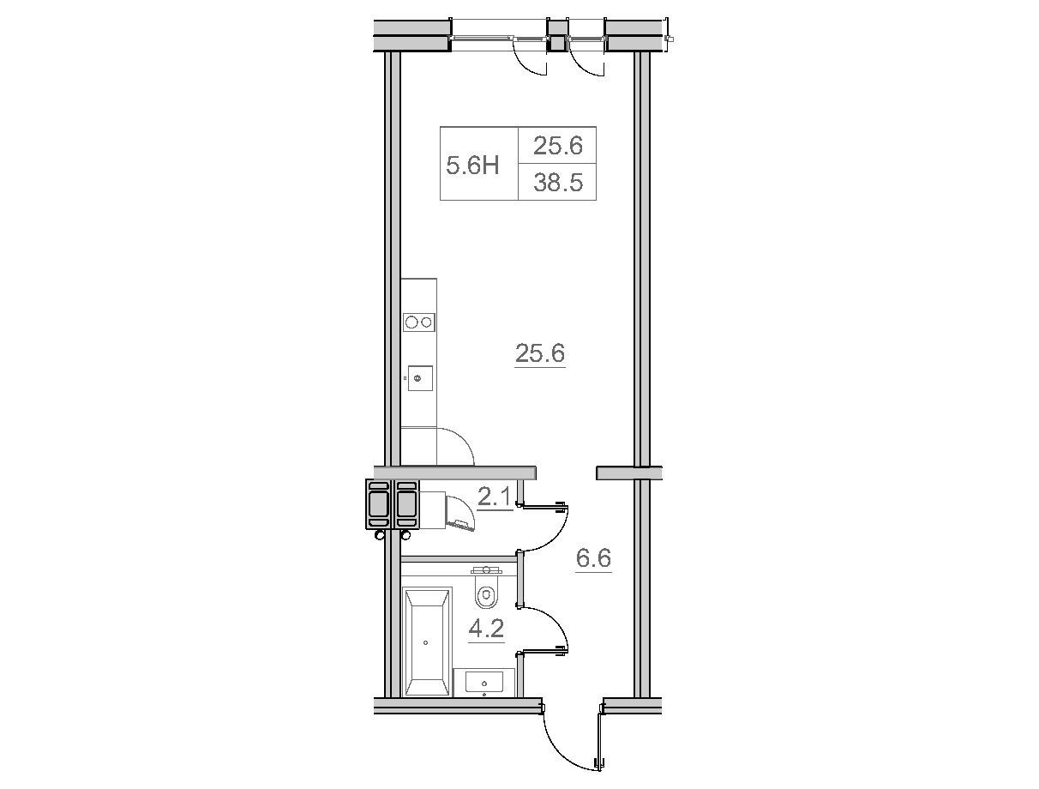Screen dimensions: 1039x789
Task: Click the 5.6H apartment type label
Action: [x=472, y=166]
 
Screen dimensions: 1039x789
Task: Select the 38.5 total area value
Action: [x=557, y=183]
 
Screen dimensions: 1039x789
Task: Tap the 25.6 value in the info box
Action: [x=557, y=146]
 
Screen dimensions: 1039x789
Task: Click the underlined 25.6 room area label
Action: [x=539, y=353]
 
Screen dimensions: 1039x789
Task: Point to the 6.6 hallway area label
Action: [x=593, y=558]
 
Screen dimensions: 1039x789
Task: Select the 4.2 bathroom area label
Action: [x=486, y=629]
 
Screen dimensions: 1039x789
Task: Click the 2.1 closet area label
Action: [x=495, y=497]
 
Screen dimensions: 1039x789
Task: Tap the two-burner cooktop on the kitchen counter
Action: [x=419, y=322]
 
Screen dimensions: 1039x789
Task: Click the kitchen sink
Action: [x=420, y=378]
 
